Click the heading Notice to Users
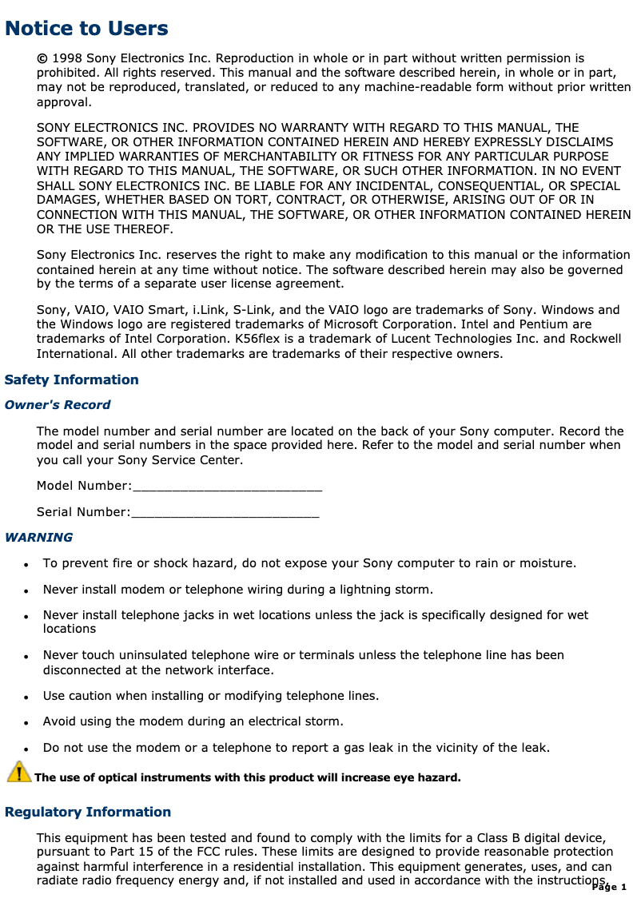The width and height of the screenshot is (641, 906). [86, 29]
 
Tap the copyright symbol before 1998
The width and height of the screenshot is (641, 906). [42, 58]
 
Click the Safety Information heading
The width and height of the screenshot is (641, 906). [72, 379]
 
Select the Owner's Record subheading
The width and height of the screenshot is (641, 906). [58, 405]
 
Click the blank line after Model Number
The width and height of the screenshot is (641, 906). [227, 486]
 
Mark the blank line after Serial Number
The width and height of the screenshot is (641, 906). [225, 512]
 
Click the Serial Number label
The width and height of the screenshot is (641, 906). [82, 512]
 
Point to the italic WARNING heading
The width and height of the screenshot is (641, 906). [38, 538]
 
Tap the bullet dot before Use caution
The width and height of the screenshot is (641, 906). [26, 697]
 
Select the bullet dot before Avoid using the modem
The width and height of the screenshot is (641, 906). [26, 723]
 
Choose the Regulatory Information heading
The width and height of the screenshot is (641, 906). [88, 813]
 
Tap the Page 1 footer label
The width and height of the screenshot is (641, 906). [610, 888]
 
